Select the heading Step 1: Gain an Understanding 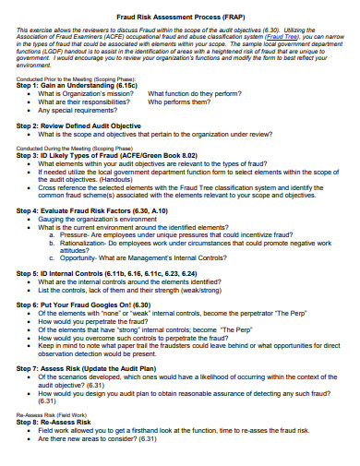[x=79, y=85]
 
